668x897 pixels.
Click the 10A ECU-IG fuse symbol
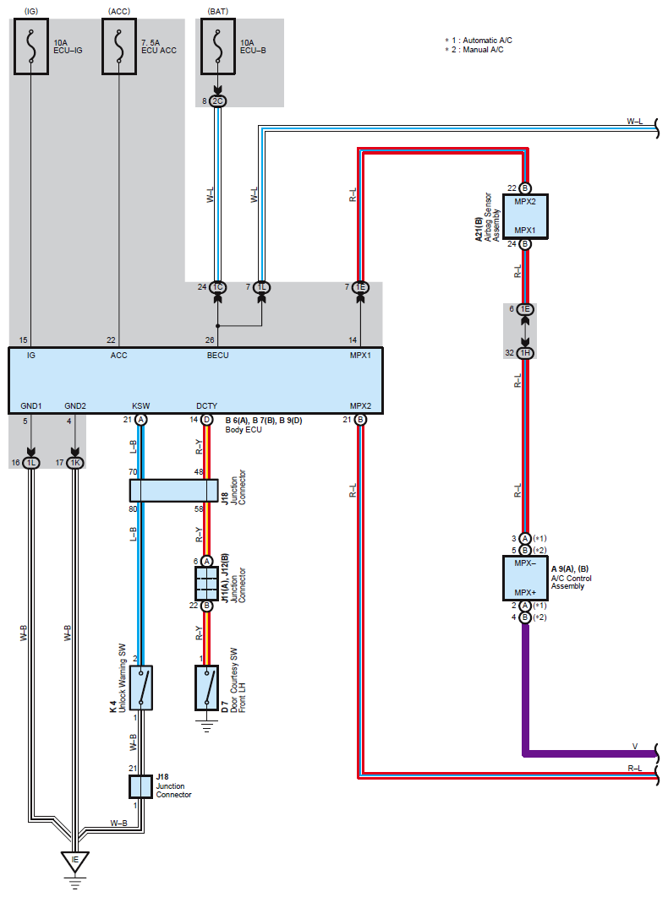31,46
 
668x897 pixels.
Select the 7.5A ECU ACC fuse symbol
119,46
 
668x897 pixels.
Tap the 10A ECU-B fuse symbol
217,46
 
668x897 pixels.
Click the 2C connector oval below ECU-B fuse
217,101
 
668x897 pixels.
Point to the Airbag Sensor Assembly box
525,216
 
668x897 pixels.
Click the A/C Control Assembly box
525,578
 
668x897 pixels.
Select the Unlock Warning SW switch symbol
141,688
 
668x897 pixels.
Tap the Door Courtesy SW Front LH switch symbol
207,688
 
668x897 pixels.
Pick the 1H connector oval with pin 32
525,353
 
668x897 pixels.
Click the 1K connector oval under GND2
75,462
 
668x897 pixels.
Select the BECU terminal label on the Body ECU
217,356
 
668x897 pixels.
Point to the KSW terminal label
141,405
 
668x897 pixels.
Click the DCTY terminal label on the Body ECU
207,405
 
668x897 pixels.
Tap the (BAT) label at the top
217,12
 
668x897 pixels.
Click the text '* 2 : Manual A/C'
474,50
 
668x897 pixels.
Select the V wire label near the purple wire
635,747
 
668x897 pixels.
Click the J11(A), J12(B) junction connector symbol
207,583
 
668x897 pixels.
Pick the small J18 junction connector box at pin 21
141,786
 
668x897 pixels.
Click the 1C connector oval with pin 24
217,287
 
